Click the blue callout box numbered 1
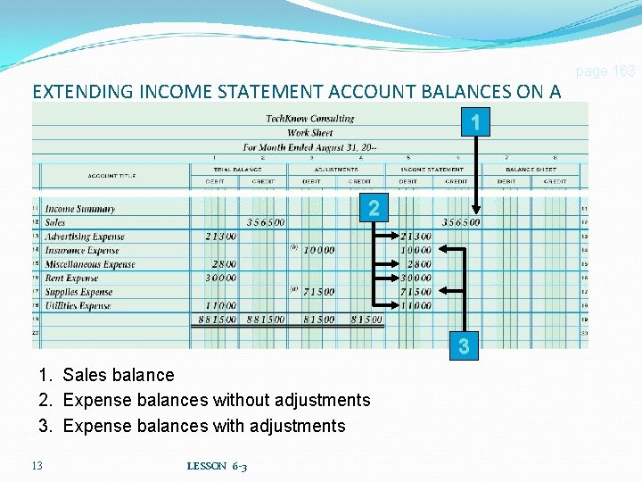click(x=477, y=122)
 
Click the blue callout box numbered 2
click(x=374, y=209)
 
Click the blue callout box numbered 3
click(x=463, y=346)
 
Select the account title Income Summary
click(x=80, y=209)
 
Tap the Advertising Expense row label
click(x=85, y=237)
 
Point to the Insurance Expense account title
click(x=81, y=251)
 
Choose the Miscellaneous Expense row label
click(x=90, y=264)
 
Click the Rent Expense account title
click(x=72, y=278)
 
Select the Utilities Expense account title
click(x=78, y=306)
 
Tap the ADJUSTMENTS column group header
click(x=336, y=169)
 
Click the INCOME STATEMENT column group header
click(x=432, y=169)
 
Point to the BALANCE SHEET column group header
click(x=531, y=169)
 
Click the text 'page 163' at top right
click(x=605, y=71)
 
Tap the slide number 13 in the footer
click(x=37, y=466)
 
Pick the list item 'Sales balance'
click(x=118, y=375)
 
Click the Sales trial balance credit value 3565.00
click(x=266, y=223)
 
